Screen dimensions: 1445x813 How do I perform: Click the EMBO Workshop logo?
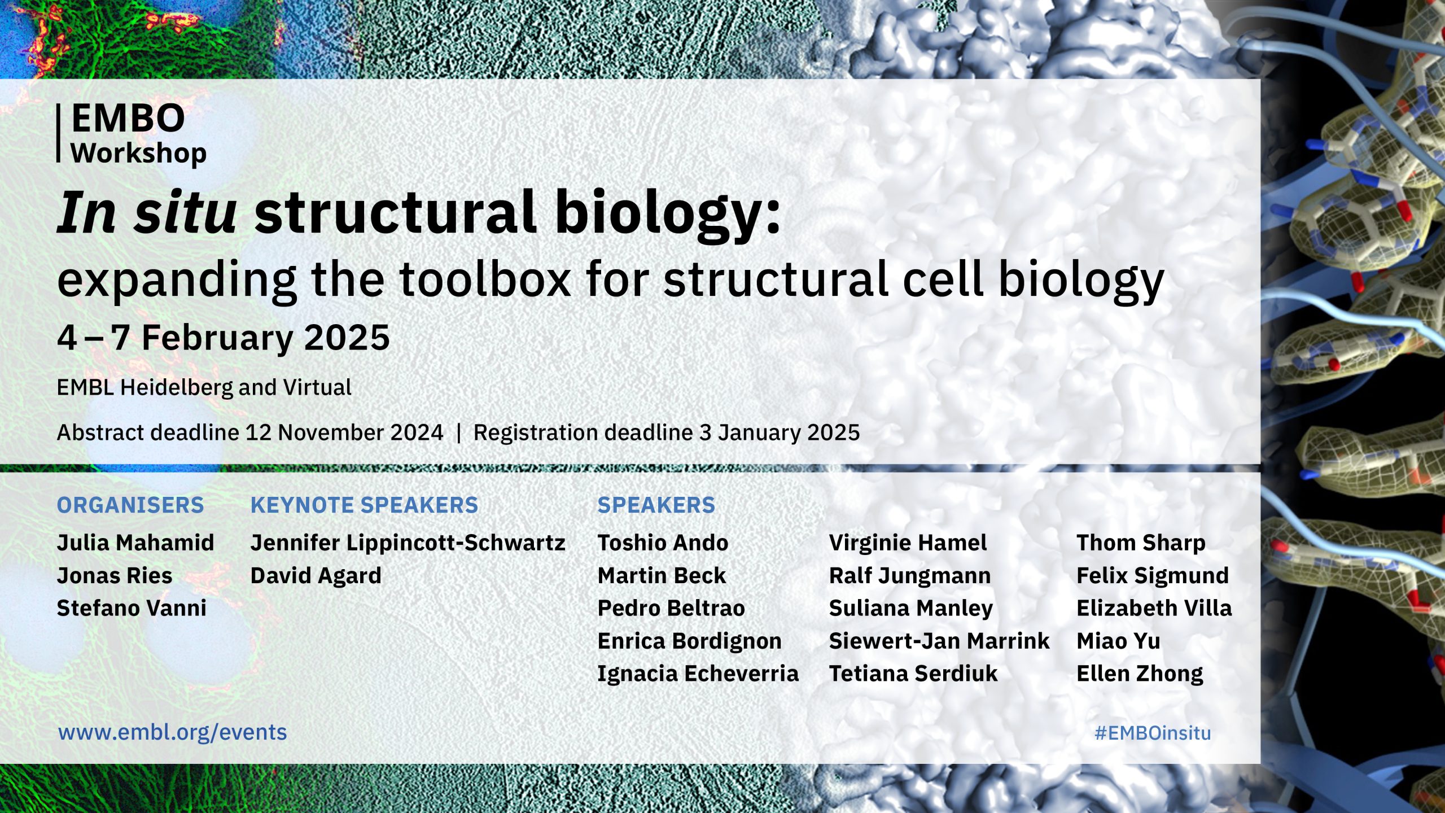[x=132, y=134]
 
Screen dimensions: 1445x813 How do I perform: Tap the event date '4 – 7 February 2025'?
[x=224, y=338]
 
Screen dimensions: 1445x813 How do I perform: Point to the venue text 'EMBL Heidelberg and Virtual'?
[x=204, y=387]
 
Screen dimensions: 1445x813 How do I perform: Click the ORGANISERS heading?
[x=130, y=505]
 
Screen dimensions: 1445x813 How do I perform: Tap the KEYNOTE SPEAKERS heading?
[x=364, y=505]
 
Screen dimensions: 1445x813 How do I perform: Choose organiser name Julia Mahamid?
[x=135, y=543]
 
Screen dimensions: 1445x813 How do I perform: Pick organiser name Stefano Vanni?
[x=132, y=608]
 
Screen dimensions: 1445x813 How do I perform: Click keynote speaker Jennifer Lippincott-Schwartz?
[x=408, y=543]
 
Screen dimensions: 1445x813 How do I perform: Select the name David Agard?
[x=316, y=576]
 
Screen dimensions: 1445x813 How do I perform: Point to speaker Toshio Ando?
[x=663, y=543]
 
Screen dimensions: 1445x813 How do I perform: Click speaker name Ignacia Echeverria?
[x=698, y=674]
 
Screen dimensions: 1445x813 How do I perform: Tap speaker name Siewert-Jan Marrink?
[x=939, y=641]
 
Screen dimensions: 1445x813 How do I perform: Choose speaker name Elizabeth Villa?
[x=1154, y=608]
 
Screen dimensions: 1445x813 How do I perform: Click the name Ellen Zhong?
[x=1140, y=674]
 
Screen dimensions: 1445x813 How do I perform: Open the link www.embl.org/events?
[x=173, y=732]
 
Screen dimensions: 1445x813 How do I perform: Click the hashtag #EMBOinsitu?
[x=1153, y=733]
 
